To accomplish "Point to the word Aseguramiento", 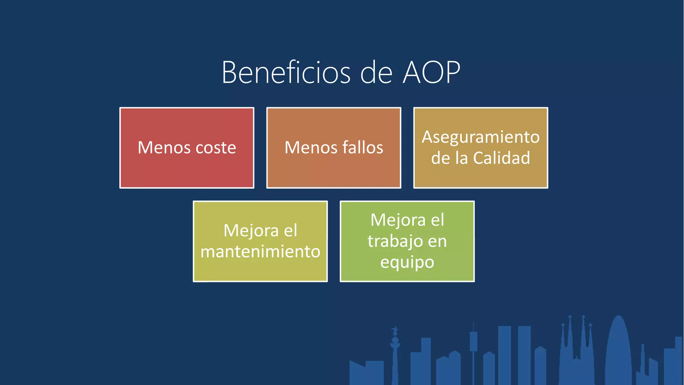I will click(481, 137).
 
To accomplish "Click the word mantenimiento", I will click(260, 251).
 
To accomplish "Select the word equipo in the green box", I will click(407, 262).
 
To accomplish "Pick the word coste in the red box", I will click(215, 147).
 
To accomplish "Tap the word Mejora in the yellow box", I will click(251, 231).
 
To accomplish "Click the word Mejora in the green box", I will click(398, 220).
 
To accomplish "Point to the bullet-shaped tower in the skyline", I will click(618, 351).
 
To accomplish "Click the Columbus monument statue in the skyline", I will click(395, 348).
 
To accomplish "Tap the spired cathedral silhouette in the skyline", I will click(576, 351).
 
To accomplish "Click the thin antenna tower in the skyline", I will click(473, 351).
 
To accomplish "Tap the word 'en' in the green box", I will click(437, 241).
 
